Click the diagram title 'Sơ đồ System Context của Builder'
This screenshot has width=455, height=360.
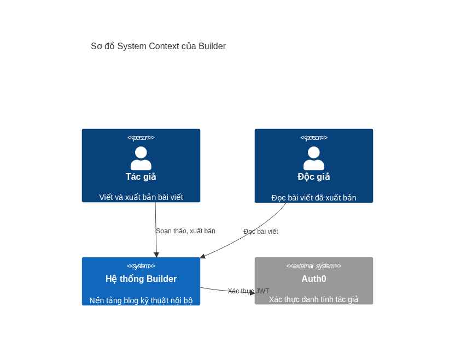tap(158, 46)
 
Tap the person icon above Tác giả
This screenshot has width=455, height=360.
tap(141, 158)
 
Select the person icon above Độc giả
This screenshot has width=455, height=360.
tap(314, 158)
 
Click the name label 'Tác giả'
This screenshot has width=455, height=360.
tap(141, 176)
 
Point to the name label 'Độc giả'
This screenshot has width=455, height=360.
tap(314, 176)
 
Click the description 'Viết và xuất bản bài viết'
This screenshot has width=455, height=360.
tap(141, 197)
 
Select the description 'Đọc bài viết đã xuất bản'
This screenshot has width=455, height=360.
tap(314, 198)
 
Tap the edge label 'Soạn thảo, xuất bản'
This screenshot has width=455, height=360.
tap(186, 231)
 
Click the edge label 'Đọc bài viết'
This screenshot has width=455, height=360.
tap(260, 231)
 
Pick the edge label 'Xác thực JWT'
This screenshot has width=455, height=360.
tap(248, 291)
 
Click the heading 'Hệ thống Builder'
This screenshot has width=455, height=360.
tap(141, 279)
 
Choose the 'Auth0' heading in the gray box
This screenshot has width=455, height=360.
tap(314, 279)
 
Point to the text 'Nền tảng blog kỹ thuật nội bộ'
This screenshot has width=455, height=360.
tap(141, 300)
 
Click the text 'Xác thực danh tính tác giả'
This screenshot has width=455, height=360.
tap(314, 299)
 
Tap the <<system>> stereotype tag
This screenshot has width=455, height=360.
tap(141, 266)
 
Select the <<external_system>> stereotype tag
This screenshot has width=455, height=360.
tap(314, 266)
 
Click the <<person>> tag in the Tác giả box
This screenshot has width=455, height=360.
tap(141, 138)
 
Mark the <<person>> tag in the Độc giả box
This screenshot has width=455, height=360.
tap(314, 138)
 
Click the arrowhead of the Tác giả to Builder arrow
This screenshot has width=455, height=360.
tap(156, 255)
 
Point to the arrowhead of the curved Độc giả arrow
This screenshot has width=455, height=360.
tap(203, 256)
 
